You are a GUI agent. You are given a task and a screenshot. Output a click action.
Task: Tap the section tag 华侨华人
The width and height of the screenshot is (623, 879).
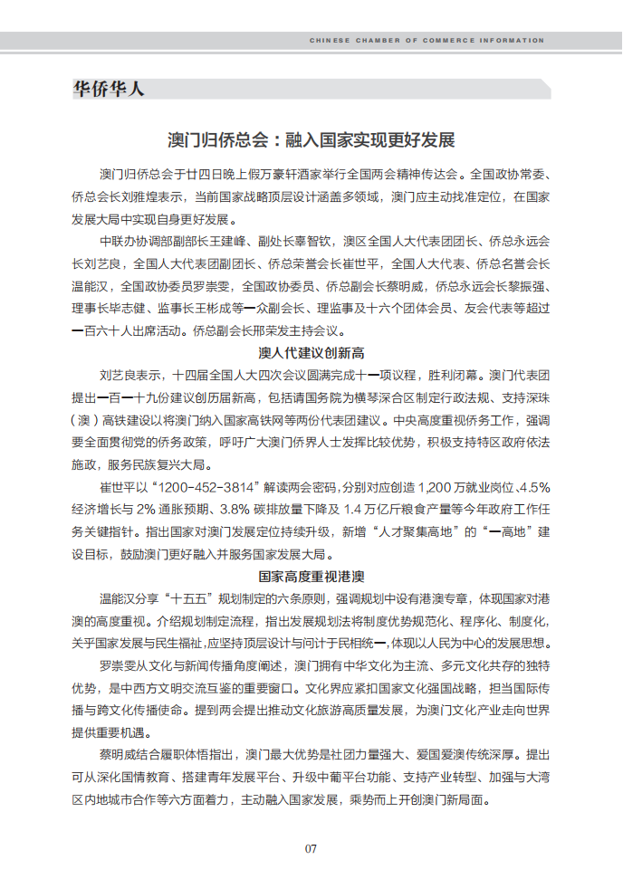(x=108, y=89)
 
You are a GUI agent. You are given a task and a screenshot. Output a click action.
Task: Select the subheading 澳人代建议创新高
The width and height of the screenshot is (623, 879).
(x=311, y=352)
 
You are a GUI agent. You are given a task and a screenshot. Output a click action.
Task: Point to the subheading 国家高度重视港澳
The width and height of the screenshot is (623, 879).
(x=311, y=576)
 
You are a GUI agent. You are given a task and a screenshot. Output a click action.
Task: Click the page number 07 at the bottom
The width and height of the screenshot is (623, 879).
(x=311, y=848)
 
